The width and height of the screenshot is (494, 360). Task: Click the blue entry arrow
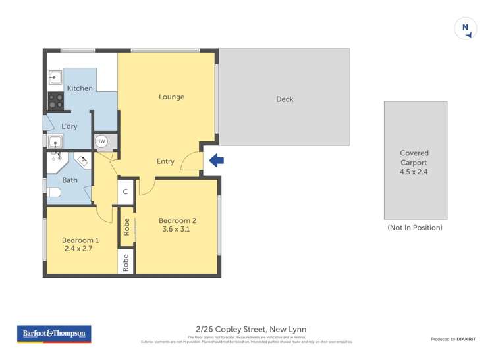[216, 160]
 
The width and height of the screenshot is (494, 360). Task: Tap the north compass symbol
[465, 28]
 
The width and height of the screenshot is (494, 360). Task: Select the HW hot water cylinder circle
[101, 141]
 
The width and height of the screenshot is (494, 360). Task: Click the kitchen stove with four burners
[55, 101]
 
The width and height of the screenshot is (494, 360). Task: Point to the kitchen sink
[55, 78]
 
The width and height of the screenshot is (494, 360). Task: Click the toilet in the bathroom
[53, 192]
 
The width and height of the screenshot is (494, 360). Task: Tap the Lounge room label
[171, 97]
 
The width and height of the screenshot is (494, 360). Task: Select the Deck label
[285, 99]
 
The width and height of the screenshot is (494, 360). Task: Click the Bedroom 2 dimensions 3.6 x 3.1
[177, 230]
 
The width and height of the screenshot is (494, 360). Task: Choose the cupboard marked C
[126, 192]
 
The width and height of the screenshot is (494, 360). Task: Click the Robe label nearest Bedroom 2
[126, 227]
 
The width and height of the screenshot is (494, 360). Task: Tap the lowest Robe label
[126, 263]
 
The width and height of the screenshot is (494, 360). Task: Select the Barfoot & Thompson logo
[54, 334]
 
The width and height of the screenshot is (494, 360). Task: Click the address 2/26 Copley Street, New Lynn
[251, 329]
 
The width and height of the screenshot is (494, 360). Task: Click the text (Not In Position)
[415, 228]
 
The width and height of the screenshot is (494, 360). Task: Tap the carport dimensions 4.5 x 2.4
[414, 172]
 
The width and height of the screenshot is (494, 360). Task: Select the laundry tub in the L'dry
[55, 141]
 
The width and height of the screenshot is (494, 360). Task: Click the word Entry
[165, 161]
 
